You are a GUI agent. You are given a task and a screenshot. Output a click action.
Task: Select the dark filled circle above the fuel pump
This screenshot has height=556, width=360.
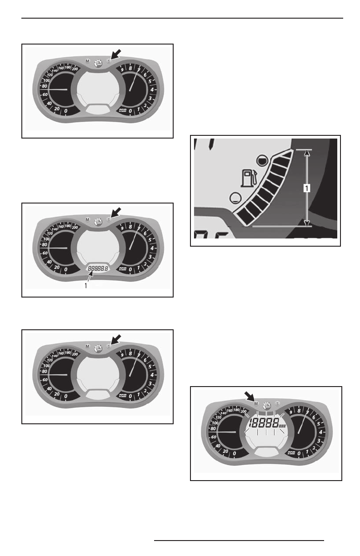261,159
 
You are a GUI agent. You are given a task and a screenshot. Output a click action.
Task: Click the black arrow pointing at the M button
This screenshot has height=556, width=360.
249,397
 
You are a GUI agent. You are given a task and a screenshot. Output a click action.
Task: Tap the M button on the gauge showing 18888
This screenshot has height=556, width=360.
256,403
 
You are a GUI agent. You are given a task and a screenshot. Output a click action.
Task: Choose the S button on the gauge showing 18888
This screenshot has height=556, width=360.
277,403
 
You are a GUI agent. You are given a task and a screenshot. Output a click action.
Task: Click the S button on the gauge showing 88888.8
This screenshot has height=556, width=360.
109,219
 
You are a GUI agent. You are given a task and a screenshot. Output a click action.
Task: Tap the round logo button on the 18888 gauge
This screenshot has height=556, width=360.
266,403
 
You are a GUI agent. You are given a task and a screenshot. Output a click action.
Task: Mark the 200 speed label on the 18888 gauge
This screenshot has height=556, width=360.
243,412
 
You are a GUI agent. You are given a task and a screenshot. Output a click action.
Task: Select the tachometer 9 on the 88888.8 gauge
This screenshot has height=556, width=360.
122,229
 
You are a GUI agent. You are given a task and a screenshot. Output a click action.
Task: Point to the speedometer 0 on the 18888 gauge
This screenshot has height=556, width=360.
234,453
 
